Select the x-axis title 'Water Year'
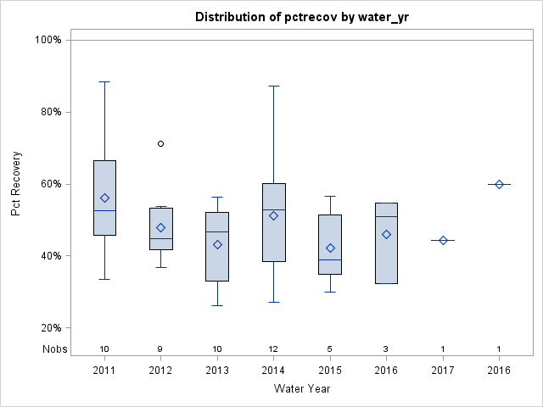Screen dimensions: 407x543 301,388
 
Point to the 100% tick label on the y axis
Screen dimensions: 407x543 48,40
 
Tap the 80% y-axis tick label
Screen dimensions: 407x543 50,112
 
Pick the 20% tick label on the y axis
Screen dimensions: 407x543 50,328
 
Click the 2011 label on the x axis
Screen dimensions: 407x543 104,371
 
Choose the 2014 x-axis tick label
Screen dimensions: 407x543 273,371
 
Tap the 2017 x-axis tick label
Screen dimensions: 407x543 443,371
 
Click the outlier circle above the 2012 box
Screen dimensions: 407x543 160,143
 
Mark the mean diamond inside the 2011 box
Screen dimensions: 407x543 104,198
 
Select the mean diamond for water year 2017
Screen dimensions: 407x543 443,240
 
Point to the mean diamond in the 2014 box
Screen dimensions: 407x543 273,215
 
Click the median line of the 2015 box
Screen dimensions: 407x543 330,259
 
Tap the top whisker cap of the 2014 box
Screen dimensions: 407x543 273,86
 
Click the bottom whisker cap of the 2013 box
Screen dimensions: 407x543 217,305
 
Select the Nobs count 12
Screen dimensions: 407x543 273,349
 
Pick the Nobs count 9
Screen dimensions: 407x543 160,349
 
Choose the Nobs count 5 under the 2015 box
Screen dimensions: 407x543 330,349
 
